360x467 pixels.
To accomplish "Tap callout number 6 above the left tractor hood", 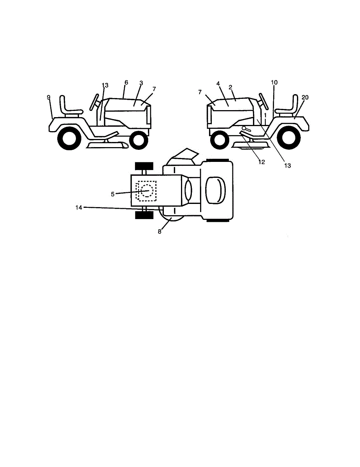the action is point(126,83).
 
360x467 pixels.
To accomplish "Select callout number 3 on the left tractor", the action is point(141,83).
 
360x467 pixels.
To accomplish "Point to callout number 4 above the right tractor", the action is point(218,83).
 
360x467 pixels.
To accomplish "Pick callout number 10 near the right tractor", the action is point(274,83).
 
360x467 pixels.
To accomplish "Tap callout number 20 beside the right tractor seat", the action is point(305,98).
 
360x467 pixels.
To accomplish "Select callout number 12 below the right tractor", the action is point(262,162).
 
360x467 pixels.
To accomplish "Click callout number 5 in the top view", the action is point(112,194).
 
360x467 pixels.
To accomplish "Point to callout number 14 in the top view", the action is point(79,208).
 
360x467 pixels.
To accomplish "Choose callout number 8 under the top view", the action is point(159,231).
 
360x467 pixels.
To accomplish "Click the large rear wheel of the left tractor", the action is point(70,138).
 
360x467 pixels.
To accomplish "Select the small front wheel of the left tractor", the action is point(138,140).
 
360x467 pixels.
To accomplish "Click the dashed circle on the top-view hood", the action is point(147,191).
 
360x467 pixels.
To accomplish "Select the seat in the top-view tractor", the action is point(214,190).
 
